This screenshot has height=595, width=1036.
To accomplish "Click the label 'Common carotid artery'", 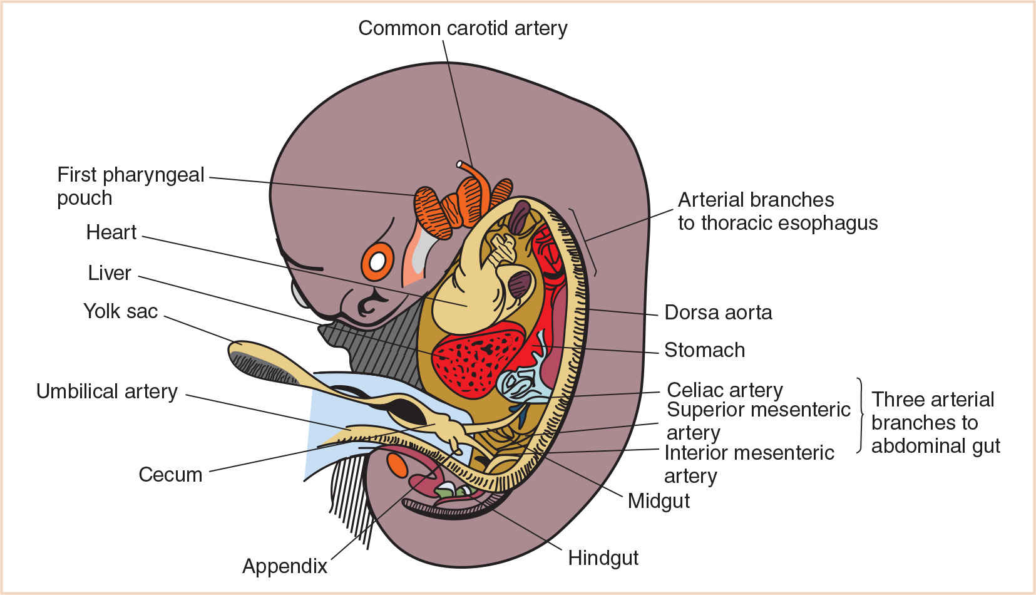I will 463,28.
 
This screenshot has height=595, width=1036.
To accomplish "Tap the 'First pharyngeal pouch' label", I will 130,186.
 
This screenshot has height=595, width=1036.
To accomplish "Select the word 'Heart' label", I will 111,232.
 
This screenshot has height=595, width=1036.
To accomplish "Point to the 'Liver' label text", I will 110,273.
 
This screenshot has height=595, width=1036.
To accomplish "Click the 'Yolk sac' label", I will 120,311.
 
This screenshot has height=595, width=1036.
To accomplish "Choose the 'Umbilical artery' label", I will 107,391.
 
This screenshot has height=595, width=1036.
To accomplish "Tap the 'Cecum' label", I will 170,475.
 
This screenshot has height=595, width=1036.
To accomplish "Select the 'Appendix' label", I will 285,566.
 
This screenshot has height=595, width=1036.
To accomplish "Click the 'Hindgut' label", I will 603,558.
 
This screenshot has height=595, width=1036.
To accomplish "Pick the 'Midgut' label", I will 659,501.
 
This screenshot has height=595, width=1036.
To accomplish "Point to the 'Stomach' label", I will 704,350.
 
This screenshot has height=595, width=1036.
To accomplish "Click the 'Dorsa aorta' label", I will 718,313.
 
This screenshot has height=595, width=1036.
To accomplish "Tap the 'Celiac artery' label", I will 725,390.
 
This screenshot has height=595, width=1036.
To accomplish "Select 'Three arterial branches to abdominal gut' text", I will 935,423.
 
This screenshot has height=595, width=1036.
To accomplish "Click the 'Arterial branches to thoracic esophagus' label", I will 777,211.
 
